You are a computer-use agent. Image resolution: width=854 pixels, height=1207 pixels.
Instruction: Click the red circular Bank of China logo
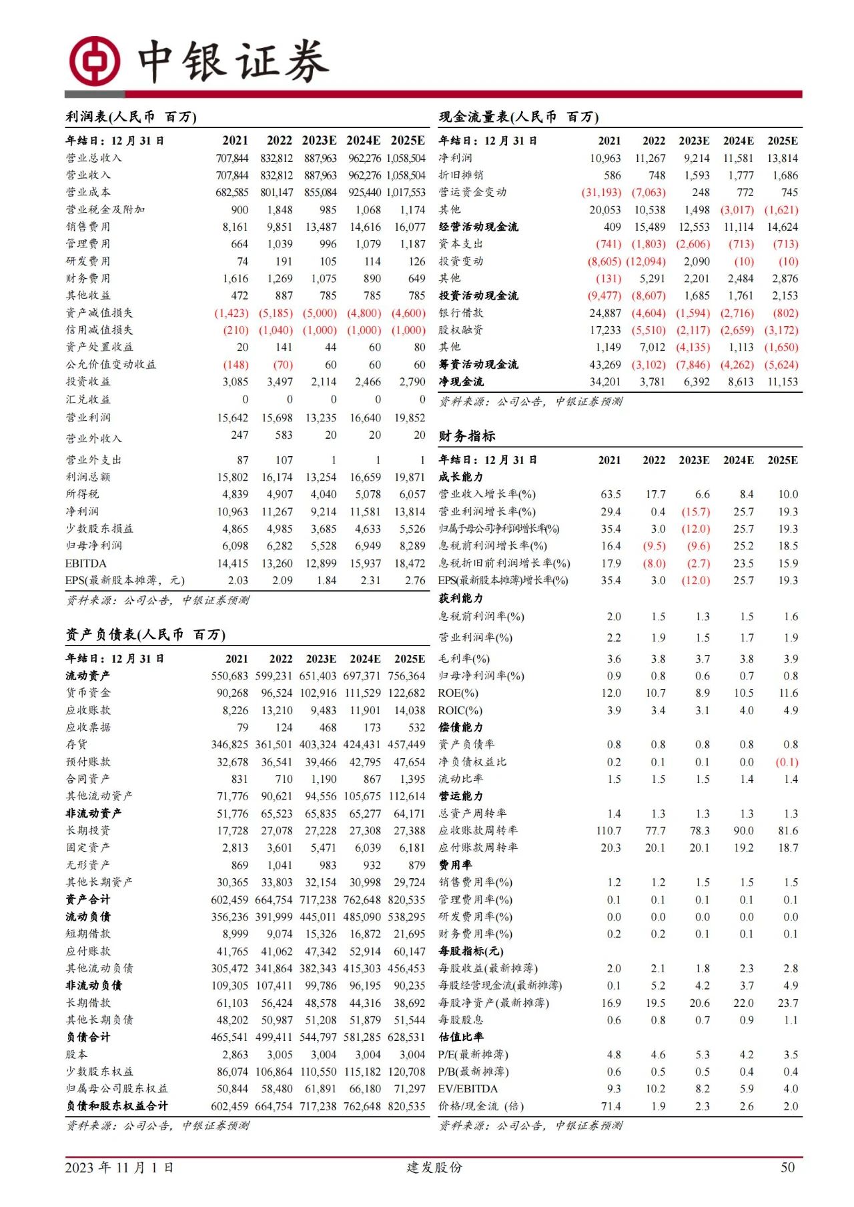[95, 62]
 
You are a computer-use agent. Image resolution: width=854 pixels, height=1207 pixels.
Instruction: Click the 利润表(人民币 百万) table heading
[131, 117]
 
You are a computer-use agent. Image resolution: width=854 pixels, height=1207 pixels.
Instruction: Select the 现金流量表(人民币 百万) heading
[518, 117]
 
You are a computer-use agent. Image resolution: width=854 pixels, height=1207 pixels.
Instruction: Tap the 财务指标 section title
[466, 436]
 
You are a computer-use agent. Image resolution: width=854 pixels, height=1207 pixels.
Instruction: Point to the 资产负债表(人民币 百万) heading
[145, 635]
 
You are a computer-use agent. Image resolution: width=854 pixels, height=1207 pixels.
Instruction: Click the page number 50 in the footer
[787, 1167]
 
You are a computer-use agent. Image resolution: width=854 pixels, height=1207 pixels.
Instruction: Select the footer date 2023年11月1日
[119, 1168]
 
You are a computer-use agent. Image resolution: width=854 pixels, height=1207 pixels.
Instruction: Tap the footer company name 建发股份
[434, 1168]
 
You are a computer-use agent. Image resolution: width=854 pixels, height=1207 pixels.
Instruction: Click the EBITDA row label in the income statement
[85, 563]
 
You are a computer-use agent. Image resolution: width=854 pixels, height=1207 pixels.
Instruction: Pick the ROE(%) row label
[458, 694]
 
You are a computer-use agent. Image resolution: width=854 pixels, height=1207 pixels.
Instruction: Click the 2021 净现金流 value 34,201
[604, 382]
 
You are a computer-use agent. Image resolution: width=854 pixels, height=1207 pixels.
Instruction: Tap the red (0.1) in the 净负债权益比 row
[787, 762]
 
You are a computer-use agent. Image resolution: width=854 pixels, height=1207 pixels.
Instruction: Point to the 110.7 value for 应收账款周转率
[608, 831]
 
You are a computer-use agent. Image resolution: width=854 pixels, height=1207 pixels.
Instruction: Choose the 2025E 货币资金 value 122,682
[406, 694]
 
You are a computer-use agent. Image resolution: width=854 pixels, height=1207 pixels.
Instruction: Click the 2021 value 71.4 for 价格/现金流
[610, 1106]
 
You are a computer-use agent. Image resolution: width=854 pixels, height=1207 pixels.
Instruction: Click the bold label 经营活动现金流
[478, 227]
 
